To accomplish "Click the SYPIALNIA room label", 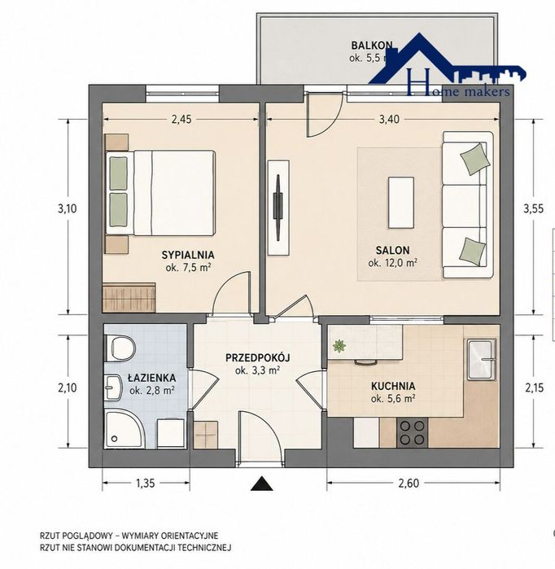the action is point(188,255).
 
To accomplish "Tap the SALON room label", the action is point(392,251).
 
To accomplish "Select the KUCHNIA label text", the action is point(393,386).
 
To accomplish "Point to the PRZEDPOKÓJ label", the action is point(257,358).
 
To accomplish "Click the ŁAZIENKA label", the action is point(151,378).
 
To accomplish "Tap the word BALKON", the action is point(372,46).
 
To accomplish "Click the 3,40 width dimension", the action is point(389,120).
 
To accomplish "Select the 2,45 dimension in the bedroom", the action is point(181,120).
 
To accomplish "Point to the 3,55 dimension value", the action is point(533,208).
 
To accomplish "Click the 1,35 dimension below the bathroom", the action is point(145,483).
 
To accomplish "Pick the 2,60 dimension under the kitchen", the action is point(409,483).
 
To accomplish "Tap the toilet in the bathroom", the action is point(120,348).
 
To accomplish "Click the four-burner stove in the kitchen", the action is point(413,432).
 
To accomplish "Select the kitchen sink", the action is point(482,359).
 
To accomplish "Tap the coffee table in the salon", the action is point(401,203).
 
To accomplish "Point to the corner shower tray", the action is point(125,430).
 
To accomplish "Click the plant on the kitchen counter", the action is point(339,346).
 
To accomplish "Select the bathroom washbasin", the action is point(113,387).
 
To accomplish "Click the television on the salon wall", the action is point(277,208).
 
